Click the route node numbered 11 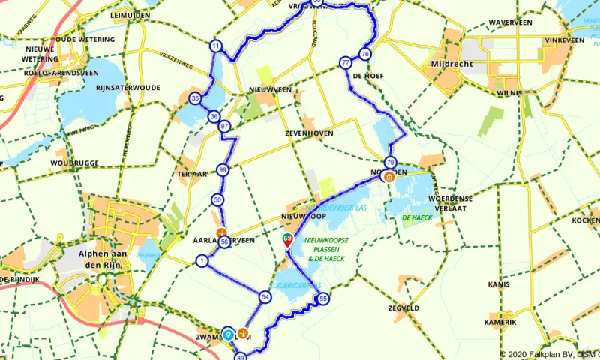click(216, 46)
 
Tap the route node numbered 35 click(195, 98)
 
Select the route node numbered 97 click(224, 127)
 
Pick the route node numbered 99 click(222, 171)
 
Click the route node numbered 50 click(217, 199)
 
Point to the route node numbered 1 click(202, 261)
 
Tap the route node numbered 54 click(265, 297)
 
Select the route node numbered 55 click(324, 299)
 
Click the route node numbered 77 click(345, 63)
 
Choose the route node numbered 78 click(365, 54)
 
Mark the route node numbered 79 click(390, 163)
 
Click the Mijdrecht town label click(452, 64)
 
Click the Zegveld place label click(404, 307)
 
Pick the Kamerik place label click(500, 322)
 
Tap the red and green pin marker click(287, 240)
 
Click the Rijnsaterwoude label click(127, 88)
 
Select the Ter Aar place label click(191, 172)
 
